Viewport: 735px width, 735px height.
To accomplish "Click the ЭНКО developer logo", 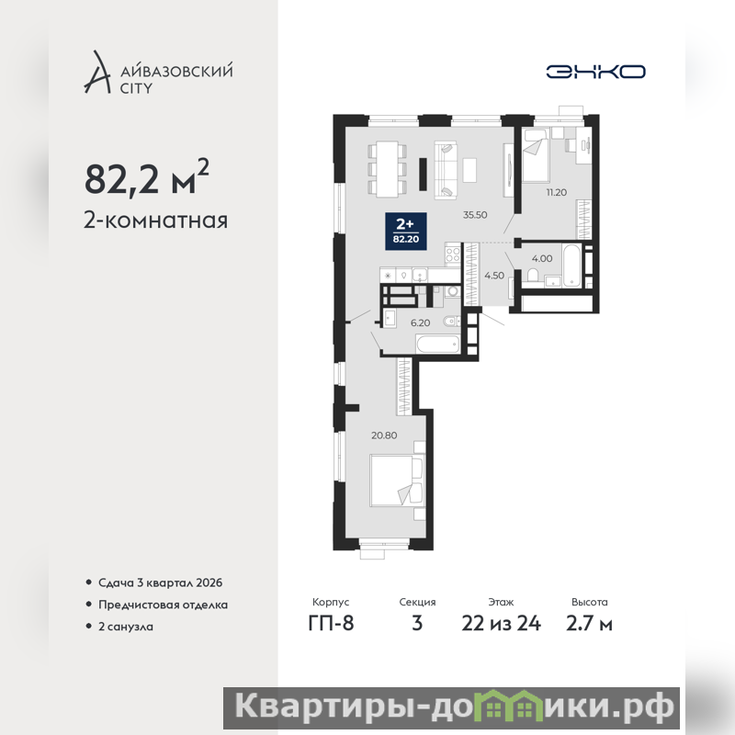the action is [595, 72].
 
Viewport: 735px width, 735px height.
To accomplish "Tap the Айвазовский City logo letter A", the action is [96, 72].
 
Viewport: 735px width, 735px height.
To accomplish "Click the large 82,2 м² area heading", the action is [147, 178].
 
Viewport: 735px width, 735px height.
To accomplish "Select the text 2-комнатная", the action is [155, 220].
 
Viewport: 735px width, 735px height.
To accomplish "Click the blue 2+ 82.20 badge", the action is [406, 232].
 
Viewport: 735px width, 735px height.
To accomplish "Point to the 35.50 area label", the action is [475, 215].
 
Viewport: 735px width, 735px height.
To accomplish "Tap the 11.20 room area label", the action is [557, 192].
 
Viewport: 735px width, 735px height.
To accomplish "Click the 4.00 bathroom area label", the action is [542, 258].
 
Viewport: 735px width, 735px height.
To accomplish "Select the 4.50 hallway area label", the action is [494, 276].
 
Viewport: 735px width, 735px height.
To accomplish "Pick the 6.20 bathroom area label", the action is [420, 323].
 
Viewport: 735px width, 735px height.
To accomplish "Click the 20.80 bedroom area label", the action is [384, 435].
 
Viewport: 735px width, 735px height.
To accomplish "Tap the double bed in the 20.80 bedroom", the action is [397, 480].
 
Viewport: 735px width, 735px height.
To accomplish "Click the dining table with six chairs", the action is [387, 169].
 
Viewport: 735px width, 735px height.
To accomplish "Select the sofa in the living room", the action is [446, 170].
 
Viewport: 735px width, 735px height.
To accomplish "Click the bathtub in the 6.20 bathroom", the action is [438, 345].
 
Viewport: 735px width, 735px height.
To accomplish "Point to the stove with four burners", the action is [453, 255].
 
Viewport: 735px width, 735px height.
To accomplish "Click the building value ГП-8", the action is [331, 624].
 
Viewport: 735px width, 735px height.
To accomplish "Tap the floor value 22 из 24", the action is [501, 624].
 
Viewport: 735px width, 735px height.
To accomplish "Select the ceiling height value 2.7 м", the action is [589, 624].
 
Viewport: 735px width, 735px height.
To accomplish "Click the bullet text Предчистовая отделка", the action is [164, 605].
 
